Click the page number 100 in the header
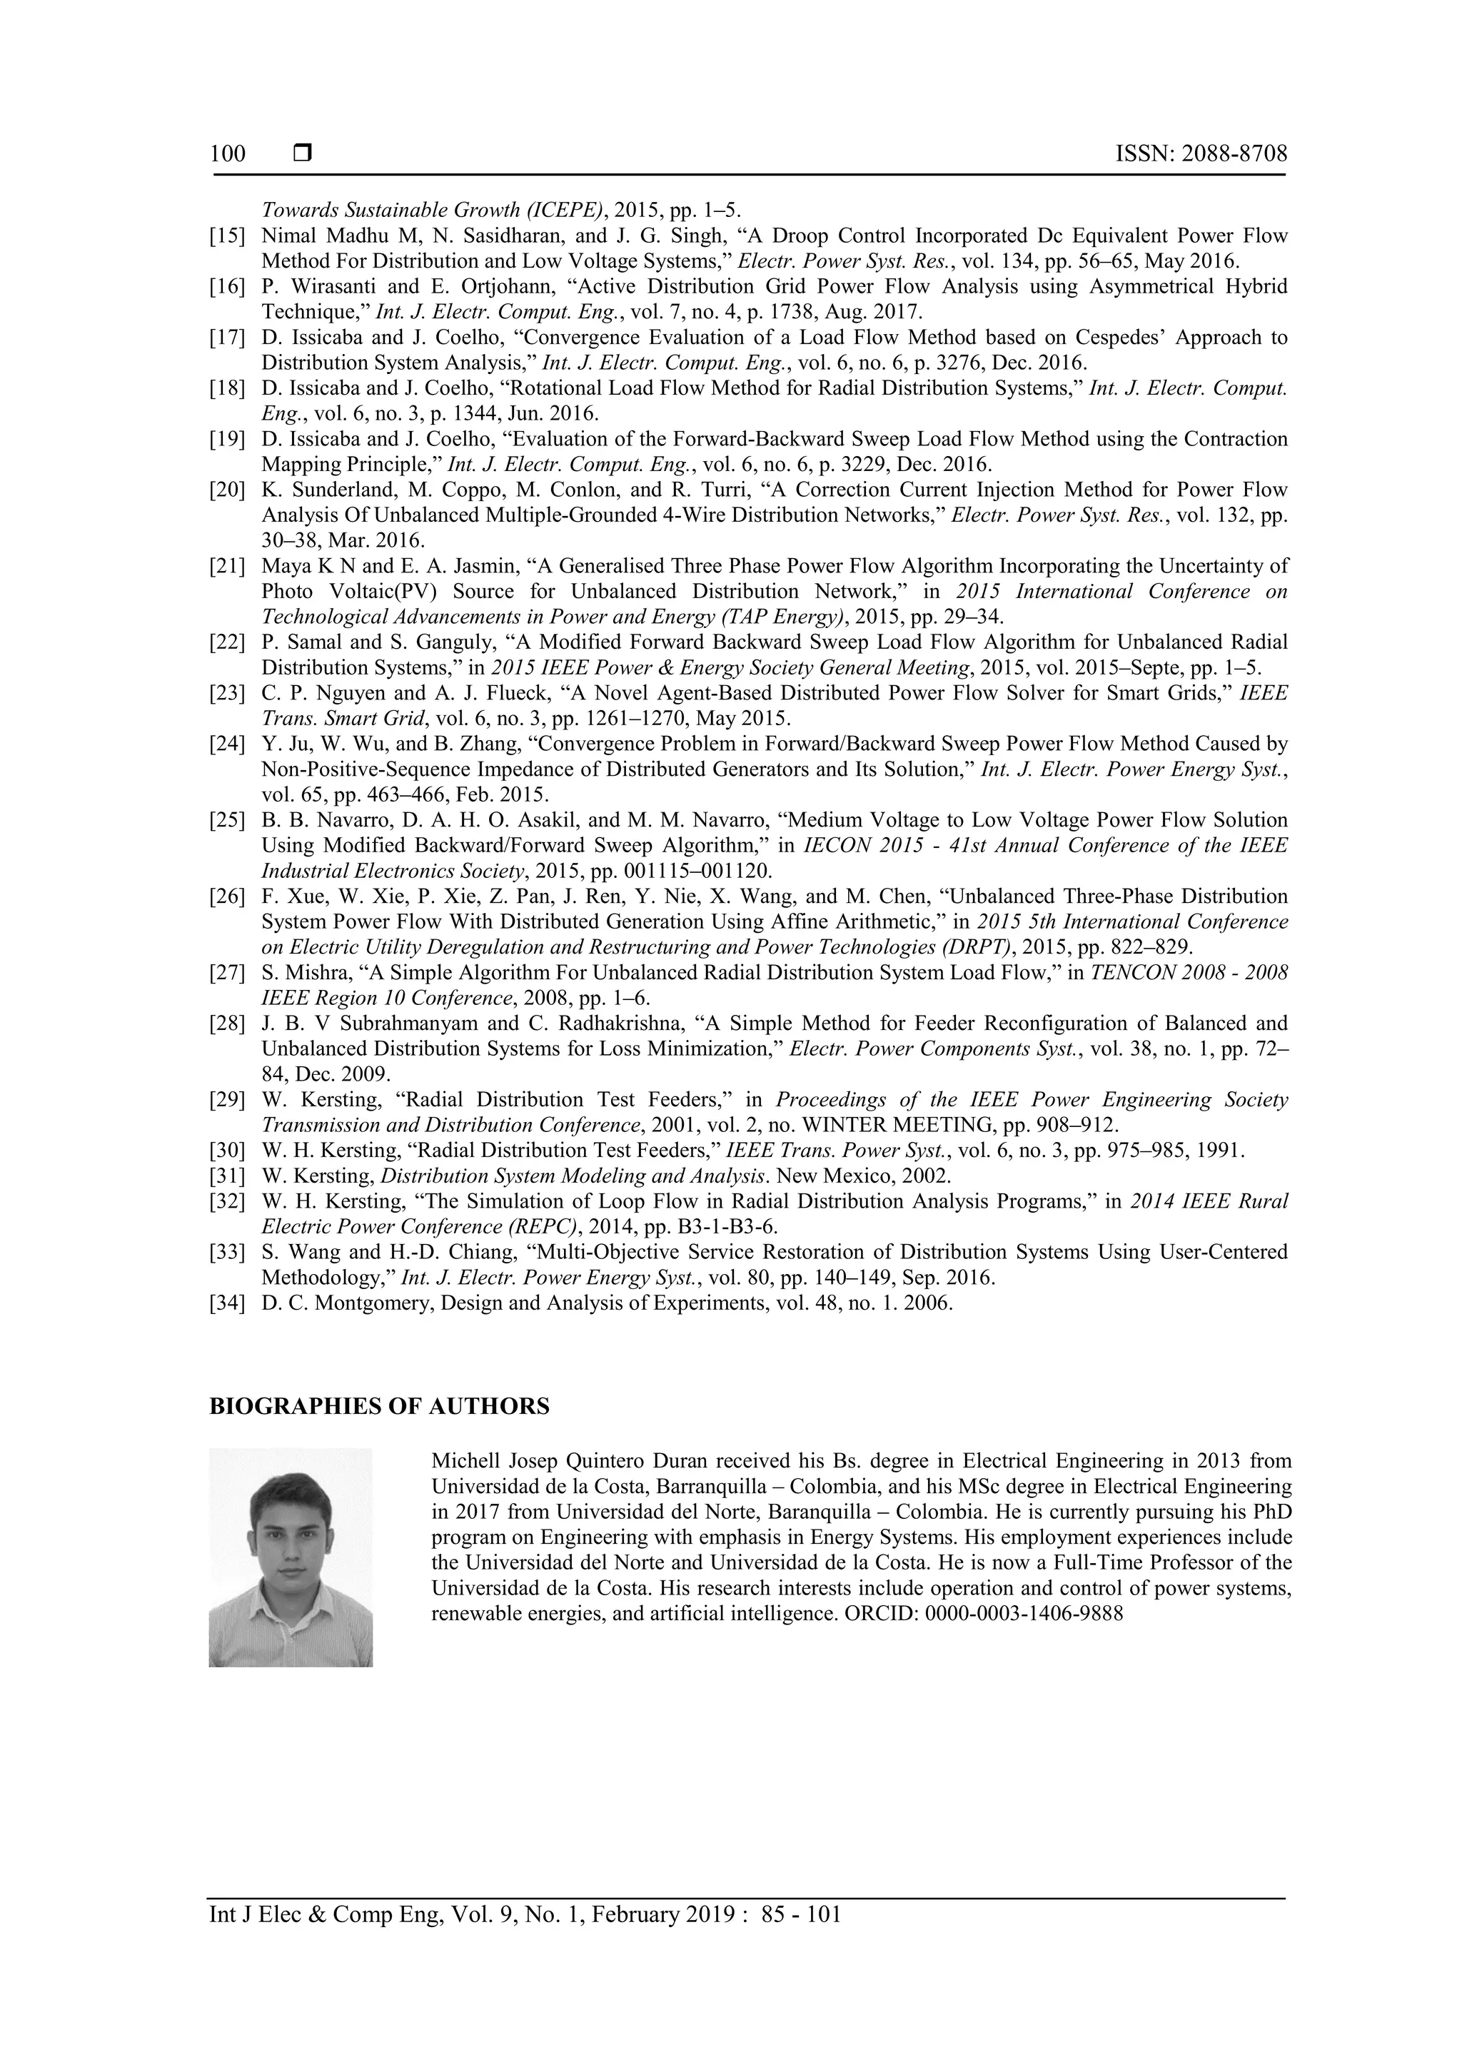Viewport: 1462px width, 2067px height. point(227,154)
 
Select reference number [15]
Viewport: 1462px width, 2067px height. point(227,236)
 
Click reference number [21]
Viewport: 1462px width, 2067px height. point(227,566)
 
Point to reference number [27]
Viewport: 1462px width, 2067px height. point(227,973)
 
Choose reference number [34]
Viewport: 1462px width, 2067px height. point(227,1303)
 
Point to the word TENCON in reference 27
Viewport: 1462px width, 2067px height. point(1131,973)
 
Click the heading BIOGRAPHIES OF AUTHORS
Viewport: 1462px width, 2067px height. point(379,1407)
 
